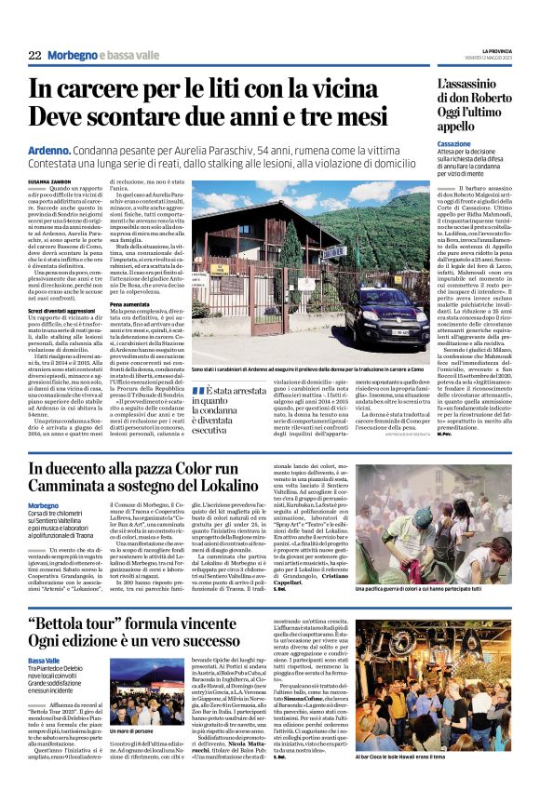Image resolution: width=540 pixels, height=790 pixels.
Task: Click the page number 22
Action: point(34,55)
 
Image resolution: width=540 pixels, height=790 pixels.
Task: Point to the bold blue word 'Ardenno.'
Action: point(47,149)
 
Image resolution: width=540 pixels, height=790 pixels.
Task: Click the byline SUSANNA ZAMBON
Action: point(51,181)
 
